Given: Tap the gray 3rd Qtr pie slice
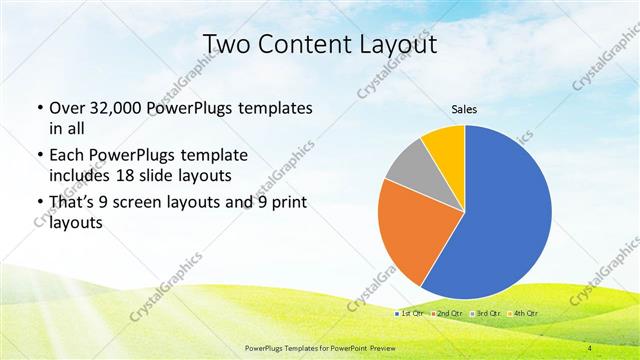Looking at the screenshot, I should click(409, 168).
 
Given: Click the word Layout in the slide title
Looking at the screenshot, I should click(397, 44).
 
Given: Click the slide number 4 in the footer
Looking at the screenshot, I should click(590, 347).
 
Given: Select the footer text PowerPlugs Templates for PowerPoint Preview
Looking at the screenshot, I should click(319, 347).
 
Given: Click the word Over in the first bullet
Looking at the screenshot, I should click(67, 108).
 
